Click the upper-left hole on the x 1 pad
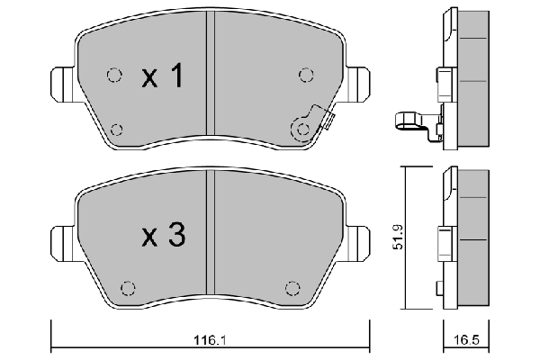[x=112, y=76]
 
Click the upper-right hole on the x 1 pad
[x=305, y=76]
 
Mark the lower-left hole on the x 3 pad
[x=127, y=288]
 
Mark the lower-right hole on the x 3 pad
[x=291, y=288]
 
